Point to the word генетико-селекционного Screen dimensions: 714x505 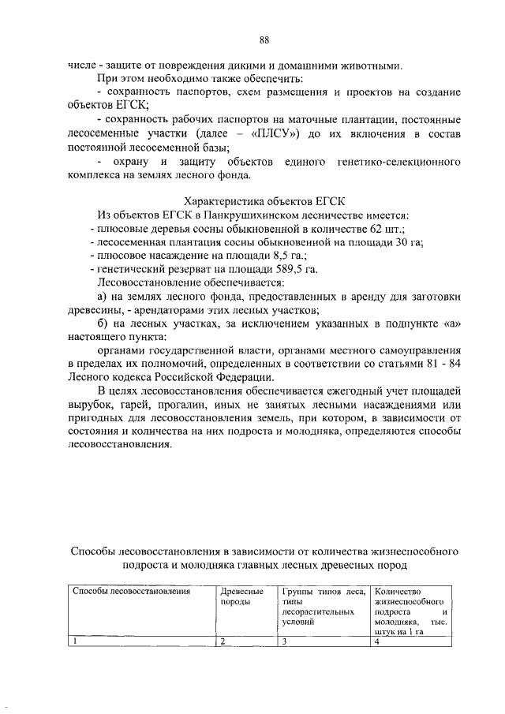point(398,162)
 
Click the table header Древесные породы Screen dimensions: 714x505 point(241,596)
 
